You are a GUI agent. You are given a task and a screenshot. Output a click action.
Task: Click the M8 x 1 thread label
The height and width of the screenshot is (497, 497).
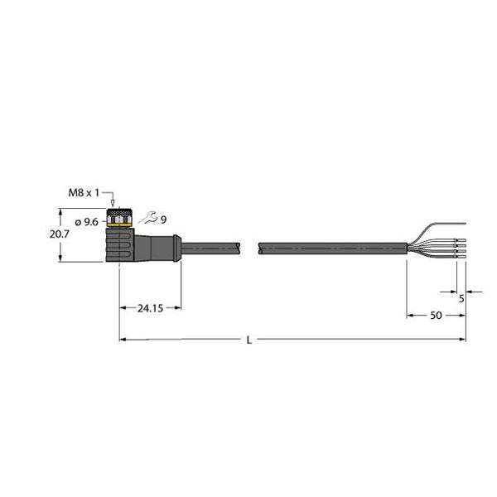tap(84, 193)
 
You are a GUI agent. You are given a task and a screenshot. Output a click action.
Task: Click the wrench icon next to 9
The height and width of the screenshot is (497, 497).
tap(147, 219)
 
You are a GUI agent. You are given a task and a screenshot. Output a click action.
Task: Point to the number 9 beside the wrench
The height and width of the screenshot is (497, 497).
tap(163, 220)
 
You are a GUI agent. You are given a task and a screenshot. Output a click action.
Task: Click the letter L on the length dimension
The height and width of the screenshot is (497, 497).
tap(249, 340)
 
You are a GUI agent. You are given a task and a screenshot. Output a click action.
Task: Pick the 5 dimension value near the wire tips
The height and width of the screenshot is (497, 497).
tap(461, 299)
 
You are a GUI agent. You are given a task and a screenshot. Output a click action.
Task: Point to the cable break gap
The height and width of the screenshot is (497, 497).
tap(251, 246)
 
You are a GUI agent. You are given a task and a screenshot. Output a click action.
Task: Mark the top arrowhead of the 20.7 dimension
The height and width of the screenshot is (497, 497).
tap(60, 210)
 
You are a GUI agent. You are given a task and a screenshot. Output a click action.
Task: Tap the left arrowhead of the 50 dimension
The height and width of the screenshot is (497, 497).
tap(409, 316)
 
